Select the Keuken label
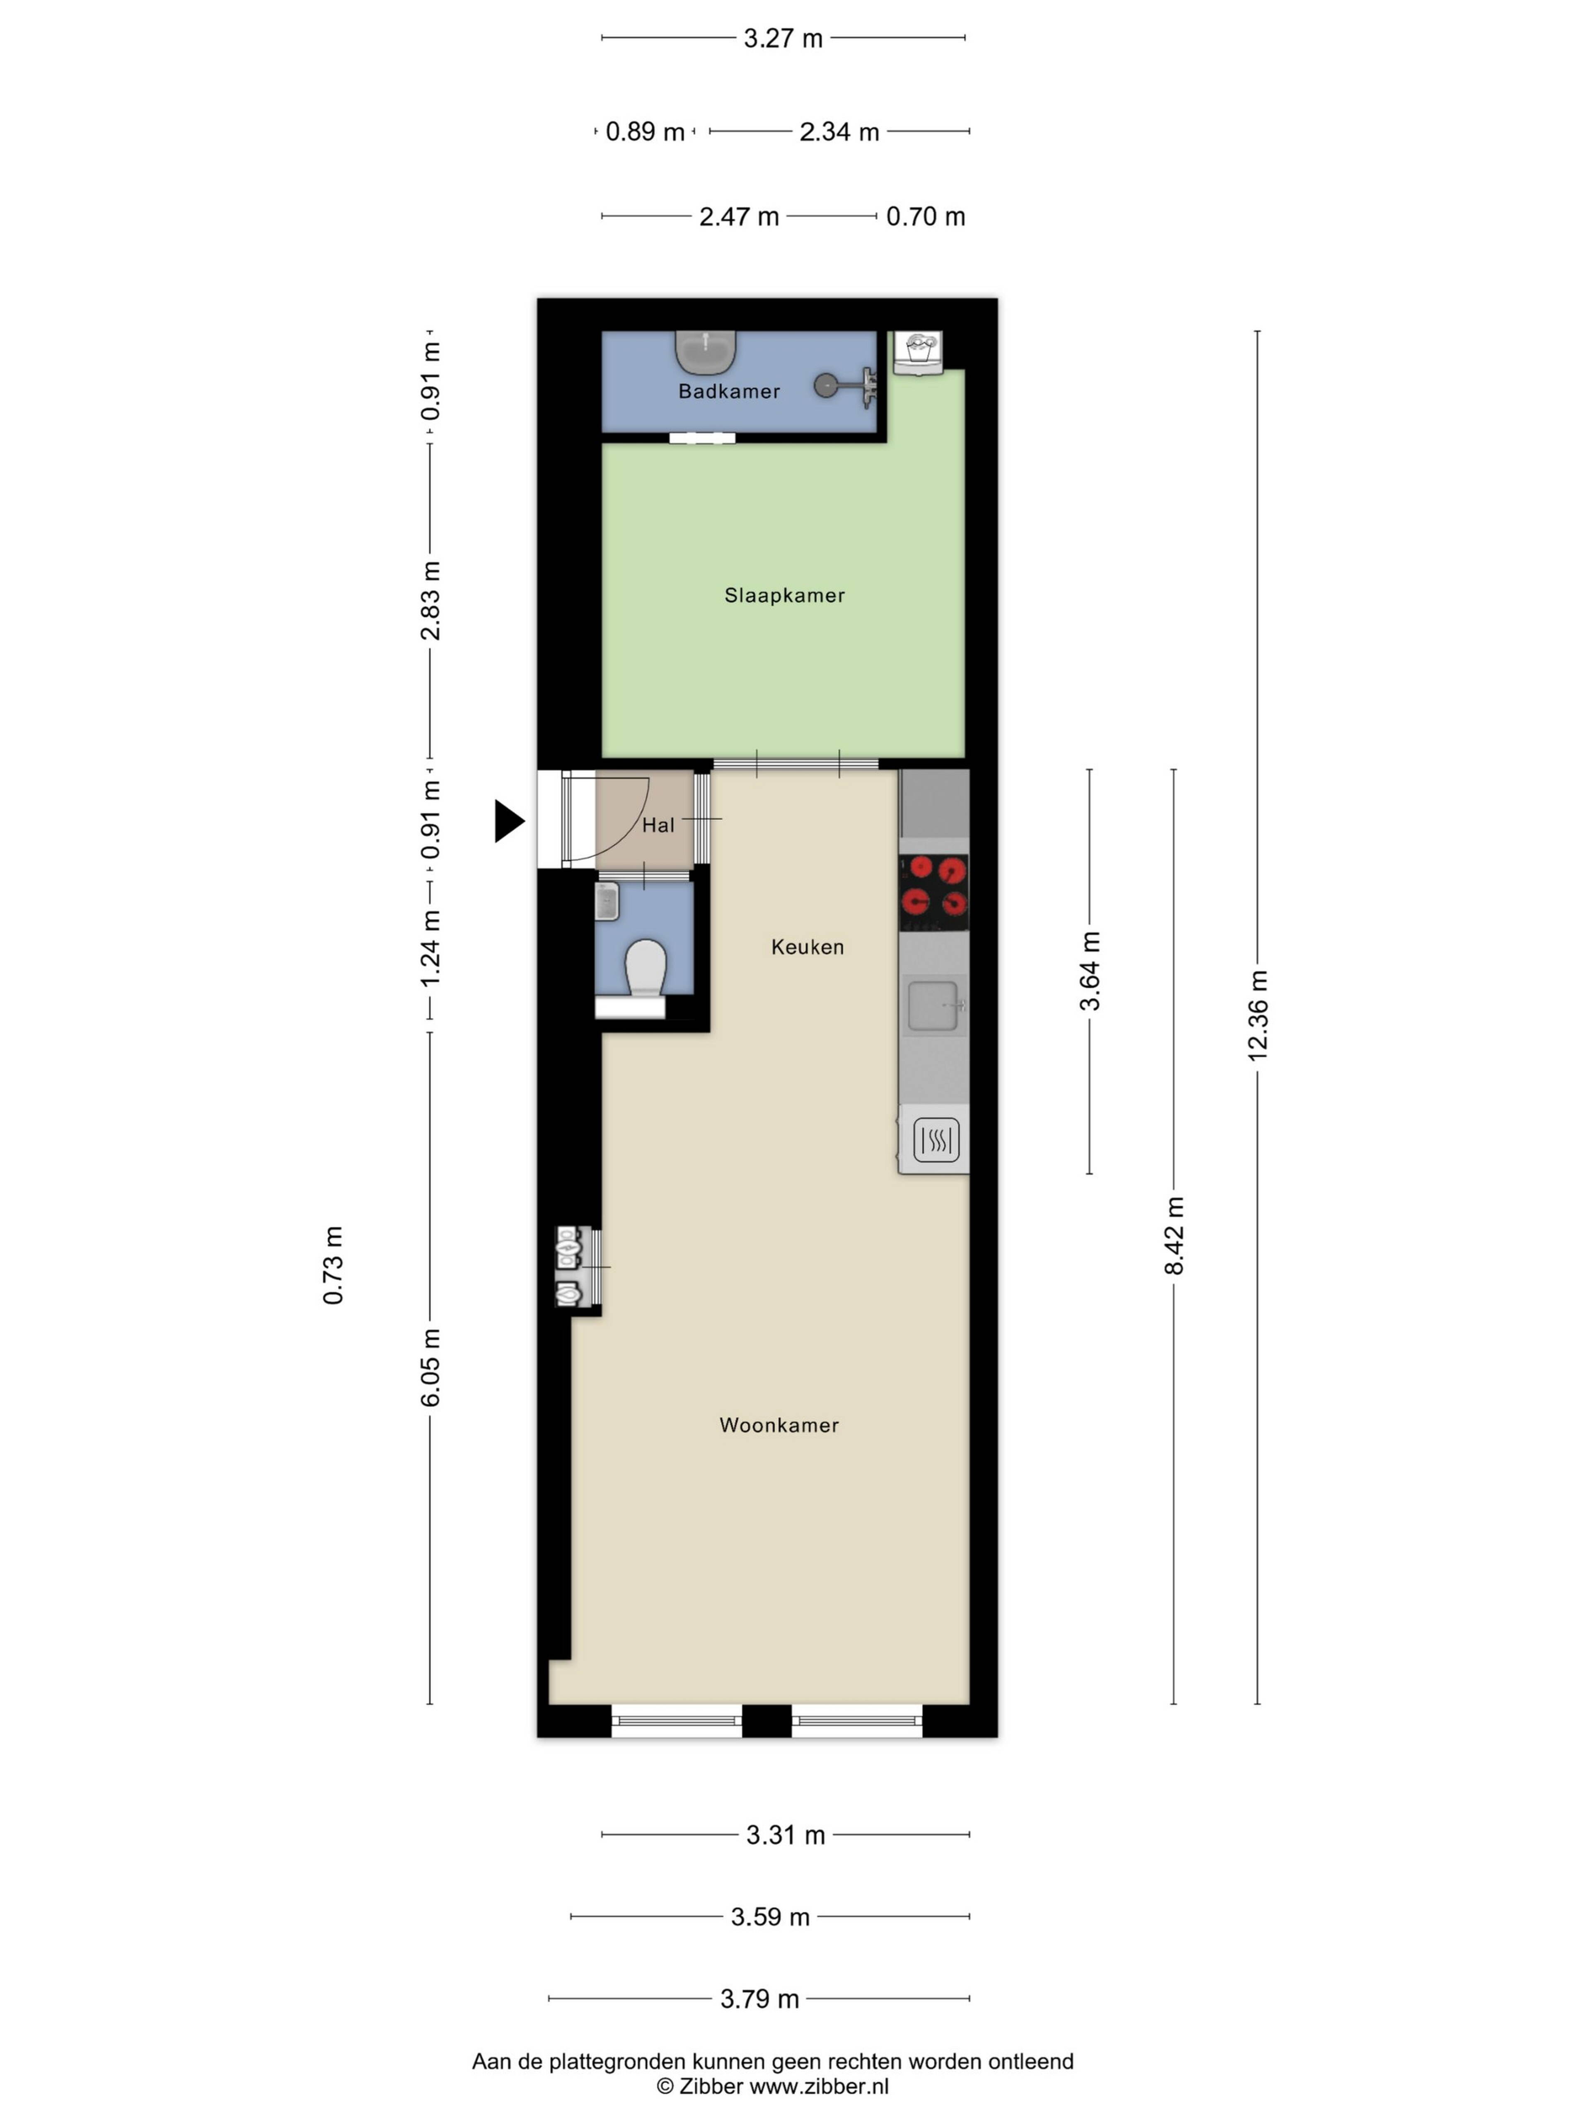pos(808,947)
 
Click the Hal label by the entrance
pos(658,825)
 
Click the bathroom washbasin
pos(706,352)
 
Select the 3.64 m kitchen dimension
pos(1089,971)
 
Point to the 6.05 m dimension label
pos(430,1368)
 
